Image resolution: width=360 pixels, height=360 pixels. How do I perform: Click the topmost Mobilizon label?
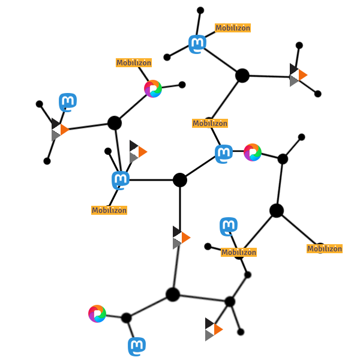233,28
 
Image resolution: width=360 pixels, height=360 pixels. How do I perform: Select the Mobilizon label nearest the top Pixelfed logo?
134,62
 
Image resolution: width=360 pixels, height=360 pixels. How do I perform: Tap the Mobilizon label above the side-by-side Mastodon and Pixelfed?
210,123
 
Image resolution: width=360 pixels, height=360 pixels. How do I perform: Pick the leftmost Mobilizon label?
109,210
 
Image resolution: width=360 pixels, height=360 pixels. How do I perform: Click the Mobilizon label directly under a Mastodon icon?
239,252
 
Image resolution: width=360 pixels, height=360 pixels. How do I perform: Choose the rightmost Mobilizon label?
325,248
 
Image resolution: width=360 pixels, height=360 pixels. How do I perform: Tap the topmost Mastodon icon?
197,44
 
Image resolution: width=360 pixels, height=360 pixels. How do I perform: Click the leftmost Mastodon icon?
68,102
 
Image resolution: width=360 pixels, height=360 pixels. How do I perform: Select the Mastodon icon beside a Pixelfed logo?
224,154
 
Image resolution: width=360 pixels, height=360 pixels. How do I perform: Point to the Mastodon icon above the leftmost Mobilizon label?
121,180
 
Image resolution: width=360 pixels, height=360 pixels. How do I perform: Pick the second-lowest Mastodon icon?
229,226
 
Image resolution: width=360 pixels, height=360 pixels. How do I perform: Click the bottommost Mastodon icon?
137,346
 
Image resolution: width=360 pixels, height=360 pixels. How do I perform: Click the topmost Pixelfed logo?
153,89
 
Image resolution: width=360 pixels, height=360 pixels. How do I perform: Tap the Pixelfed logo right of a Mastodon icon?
253,152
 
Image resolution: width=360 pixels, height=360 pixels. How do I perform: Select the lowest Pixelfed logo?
97,314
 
